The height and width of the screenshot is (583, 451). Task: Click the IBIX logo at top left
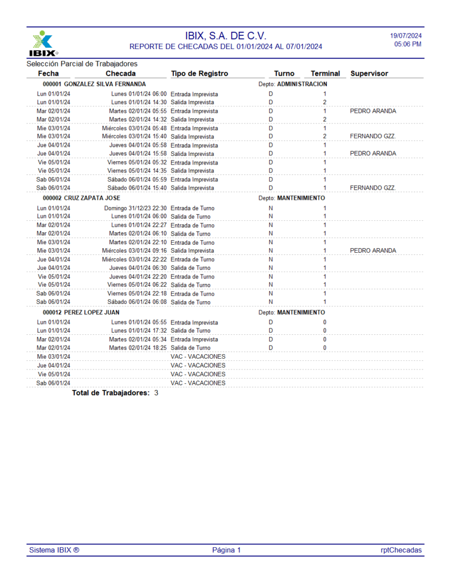(x=43, y=44)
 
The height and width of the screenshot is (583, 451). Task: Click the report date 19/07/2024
(x=406, y=36)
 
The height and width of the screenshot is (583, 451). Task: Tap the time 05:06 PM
(x=408, y=44)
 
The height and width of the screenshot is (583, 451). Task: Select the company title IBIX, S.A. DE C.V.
(x=226, y=36)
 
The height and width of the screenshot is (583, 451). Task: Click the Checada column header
(x=121, y=73)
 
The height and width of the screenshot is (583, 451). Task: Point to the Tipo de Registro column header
(x=200, y=73)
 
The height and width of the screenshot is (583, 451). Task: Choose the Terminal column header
(x=325, y=73)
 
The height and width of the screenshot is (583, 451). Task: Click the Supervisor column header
(x=369, y=73)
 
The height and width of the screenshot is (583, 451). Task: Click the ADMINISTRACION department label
(x=302, y=84)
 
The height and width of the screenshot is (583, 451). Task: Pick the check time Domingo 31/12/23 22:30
(x=135, y=208)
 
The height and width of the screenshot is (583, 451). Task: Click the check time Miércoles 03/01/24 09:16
(x=135, y=251)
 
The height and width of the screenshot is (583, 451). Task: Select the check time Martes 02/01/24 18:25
(x=138, y=348)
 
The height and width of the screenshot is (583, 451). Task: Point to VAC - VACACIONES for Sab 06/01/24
(x=198, y=383)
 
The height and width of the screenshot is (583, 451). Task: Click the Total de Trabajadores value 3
(x=156, y=393)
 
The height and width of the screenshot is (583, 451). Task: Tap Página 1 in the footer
(x=226, y=550)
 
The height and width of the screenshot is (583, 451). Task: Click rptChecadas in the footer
(x=401, y=550)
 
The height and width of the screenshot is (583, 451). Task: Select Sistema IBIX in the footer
(x=54, y=550)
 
